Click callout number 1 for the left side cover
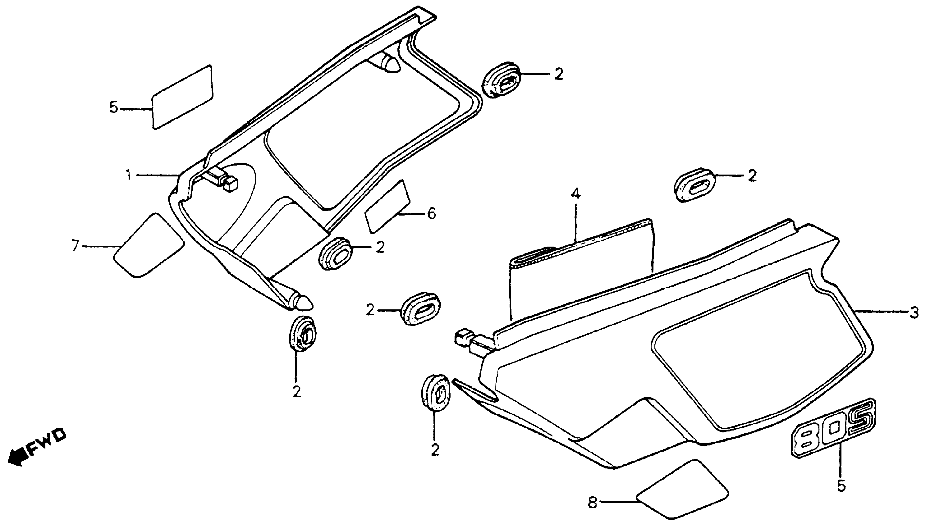pyautogui.click(x=128, y=176)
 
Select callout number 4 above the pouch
pyautogui.click(x=575, y=194)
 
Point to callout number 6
pyautogui.click(x=431, y=214)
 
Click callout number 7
pyautogui.click(x=75, y=246)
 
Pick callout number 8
pyautogui.click(x=593, y=503)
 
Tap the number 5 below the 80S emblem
pyautogui.click(x=841, y=486)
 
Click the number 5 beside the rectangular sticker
pyautogui.click(x=114, y=108)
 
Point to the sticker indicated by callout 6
pyautogui.click(x=387, y=206)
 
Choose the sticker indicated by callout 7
pyautogui.click(x=148, y=246)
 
